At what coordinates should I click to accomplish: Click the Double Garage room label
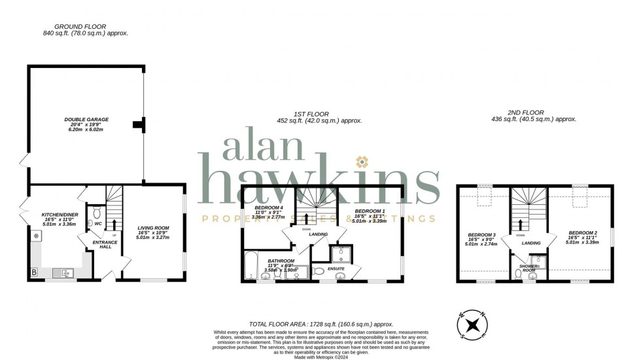86,120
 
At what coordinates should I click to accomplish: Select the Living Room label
152,228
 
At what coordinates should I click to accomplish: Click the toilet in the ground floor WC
97,212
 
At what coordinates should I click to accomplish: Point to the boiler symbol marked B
33,272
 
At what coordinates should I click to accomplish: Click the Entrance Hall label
105,243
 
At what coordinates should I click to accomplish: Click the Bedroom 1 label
370,212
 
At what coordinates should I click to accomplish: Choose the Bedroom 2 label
581,232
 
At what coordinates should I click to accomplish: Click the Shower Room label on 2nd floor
528,268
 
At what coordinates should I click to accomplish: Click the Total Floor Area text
320,323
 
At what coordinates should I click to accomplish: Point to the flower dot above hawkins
359,161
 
